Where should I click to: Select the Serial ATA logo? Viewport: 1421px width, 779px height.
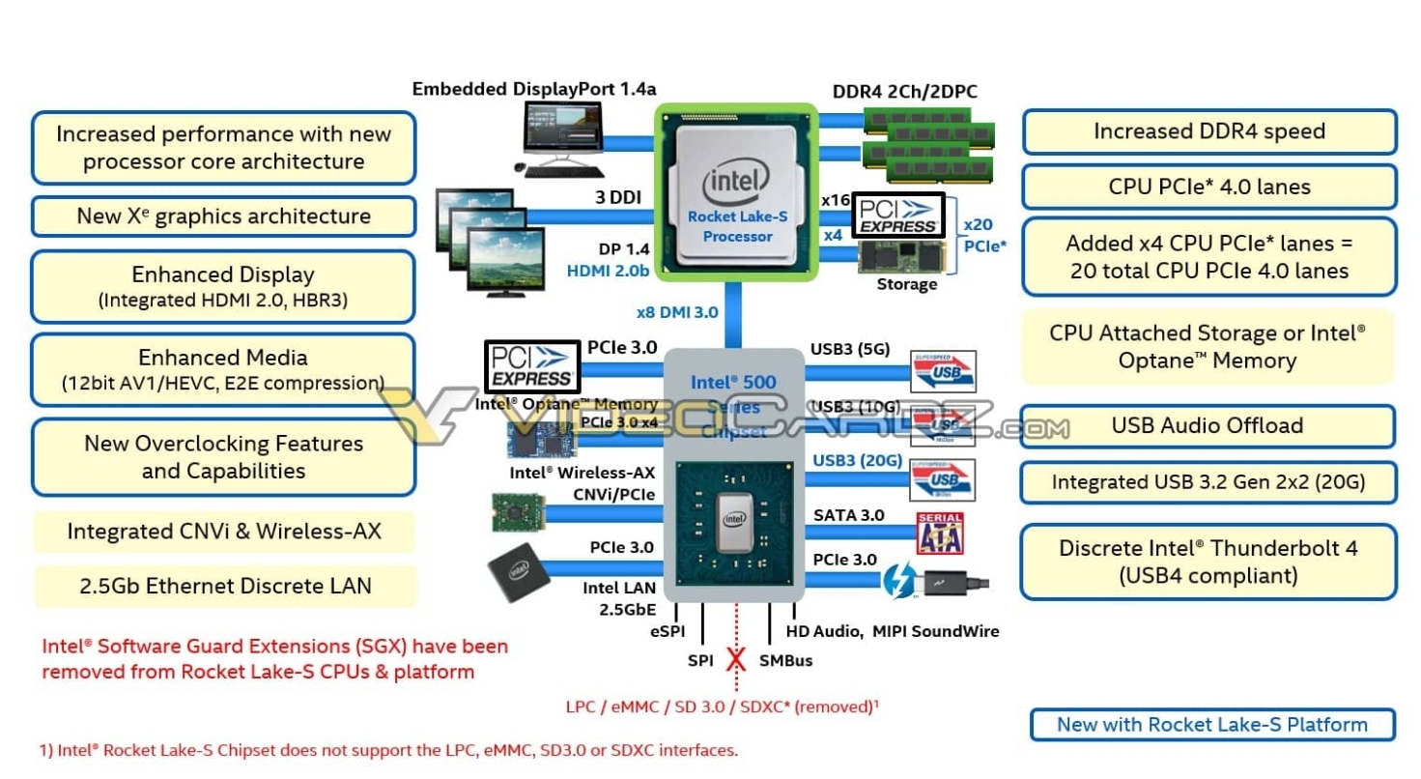[x=940, y=533]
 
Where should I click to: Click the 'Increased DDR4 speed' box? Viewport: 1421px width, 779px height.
[x=1208, y=131]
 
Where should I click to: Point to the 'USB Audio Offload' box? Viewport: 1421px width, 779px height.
[x=1207, y=426]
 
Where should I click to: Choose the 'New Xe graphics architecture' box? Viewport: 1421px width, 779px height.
[x=223, y=216]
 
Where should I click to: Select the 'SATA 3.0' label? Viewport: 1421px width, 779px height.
[x=848, y=515]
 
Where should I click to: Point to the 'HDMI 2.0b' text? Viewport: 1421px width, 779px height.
[x=608, y=272]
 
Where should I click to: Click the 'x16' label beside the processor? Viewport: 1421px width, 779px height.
[x=836, y=200]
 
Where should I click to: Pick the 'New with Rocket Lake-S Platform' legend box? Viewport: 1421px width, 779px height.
[x=1211, y=725]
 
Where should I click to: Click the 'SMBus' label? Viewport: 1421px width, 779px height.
[x=785, y=661]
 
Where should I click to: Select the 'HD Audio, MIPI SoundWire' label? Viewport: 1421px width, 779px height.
[x=892, y=631]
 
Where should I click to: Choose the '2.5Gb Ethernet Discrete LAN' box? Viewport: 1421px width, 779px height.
[x=224, y=585]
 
